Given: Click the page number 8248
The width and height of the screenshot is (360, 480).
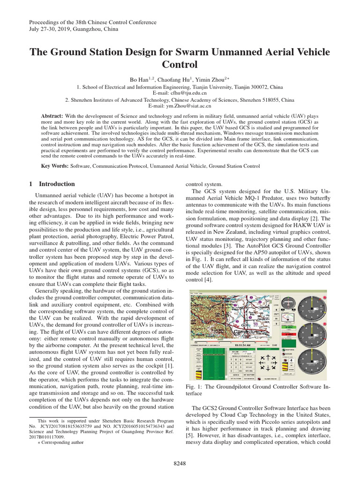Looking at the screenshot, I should pos(180,463).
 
